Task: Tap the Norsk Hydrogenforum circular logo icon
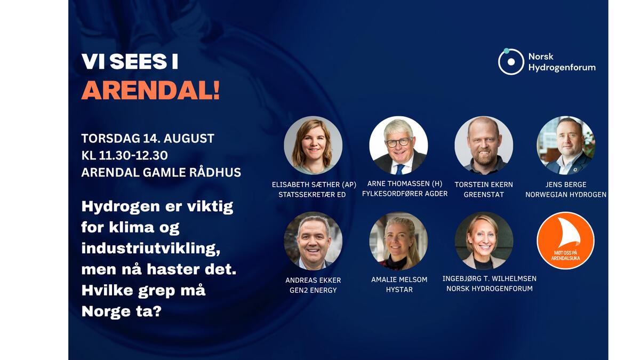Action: [511, 61]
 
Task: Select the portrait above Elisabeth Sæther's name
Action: [313, 145]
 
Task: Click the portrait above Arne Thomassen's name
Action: [398, 145]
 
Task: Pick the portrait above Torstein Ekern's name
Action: [484, 145]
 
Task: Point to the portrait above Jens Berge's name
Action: [565, 145]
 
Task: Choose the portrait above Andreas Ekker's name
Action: [313, 241]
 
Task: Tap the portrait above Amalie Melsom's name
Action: [398, 241]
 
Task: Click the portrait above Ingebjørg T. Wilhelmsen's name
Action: [484, 241]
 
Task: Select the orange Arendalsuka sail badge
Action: [565, 241]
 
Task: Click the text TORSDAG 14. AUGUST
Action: [148, 139]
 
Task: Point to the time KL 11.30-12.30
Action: [124, 156]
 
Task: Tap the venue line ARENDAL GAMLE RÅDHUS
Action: [161, 173]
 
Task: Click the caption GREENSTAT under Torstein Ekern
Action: [484, 195]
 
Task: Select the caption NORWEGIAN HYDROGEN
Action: [566, 195]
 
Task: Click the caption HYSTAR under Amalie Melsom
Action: [399, 290]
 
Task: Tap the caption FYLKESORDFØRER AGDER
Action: [405, 194]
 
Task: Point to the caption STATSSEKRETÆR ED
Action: [312, 195]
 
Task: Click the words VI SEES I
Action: [130, 62]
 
